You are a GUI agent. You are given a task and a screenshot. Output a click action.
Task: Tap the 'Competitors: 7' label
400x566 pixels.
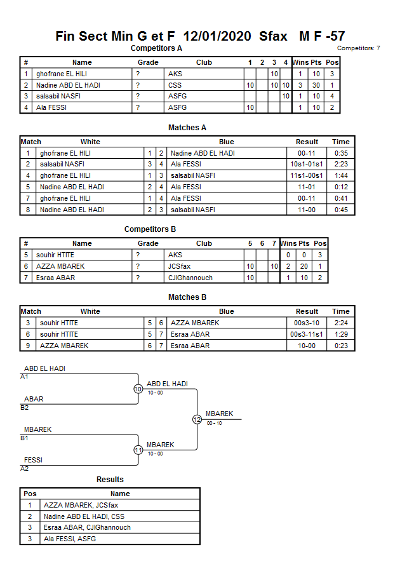pyautogui.click(x=358, y=48)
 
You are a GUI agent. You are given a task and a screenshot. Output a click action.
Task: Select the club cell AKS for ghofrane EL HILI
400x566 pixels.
pyautogui.click(x=175, y=74)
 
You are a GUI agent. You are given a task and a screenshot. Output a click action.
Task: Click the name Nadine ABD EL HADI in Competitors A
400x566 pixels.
pyautogui.click(x=69, y=85)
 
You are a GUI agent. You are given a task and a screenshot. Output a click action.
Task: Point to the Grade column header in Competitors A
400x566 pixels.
pyautogui.click(x=148, y=62)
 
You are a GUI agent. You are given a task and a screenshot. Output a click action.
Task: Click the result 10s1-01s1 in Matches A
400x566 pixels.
pyautogui.click(x=307, y=164)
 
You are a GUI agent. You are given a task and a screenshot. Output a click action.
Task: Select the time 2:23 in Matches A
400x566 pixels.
pyautogui.click(x=341, y=164)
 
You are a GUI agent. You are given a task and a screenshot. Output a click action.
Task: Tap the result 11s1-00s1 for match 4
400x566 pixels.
pyautogui.click(x=307, y=175)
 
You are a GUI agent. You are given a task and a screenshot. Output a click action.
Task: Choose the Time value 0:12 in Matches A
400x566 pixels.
pyautogui.click(x=341, y=187)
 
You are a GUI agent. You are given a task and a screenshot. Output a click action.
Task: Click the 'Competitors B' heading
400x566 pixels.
pyautogui.click(x=150, y=229)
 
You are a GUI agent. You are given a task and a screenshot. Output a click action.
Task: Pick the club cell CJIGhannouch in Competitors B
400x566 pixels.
pyautogui.click(x=190, y=278)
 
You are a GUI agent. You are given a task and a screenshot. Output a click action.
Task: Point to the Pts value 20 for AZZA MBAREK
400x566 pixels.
pyautogui.click(x=304, y=266)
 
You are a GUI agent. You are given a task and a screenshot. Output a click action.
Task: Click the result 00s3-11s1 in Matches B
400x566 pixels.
pyautogui.click(x=307, y=334)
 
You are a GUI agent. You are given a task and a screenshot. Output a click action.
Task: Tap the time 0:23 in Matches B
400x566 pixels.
pyautogui.click(x=341, y=346)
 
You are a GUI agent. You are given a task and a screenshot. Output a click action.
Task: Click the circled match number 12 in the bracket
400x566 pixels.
pyautogui.click(x=197, y=419)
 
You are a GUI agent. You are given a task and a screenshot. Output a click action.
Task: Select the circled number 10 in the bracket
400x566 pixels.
pyautogui.click(x=138, y=389)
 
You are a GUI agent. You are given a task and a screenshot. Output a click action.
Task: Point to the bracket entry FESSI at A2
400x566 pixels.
pyautogui.click(x=34, y=460)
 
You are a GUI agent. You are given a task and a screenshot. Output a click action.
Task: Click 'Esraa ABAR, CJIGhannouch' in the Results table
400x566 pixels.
pyautogui.click(x=87, y=528)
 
